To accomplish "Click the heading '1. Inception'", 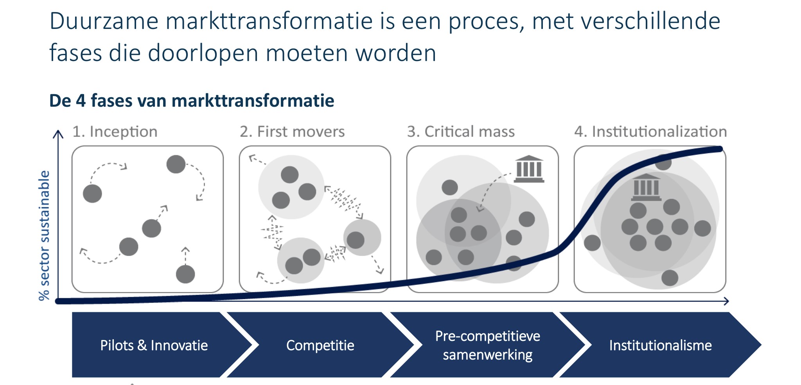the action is (115, 132).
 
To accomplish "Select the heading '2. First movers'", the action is (292, 132).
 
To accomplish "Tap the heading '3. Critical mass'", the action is (461, 132).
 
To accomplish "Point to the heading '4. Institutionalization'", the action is (650, 132).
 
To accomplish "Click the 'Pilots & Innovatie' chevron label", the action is (154, 346).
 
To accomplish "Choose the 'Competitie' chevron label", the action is (320, 346).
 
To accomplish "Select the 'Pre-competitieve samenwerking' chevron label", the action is (488, 346).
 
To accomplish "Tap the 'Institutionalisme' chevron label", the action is (661, 346).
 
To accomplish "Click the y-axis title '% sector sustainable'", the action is (45, 236).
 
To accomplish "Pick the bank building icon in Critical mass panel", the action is (529, 169).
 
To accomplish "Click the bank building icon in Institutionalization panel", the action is (647, 187).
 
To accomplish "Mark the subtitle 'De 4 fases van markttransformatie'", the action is (192, 100).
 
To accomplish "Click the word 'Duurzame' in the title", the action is (104, 21).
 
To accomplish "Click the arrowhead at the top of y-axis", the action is (58, 134).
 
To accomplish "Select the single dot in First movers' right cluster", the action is (356, 240).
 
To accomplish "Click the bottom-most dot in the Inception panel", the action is (185, 274).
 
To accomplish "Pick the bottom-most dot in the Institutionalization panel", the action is (670, 278).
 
